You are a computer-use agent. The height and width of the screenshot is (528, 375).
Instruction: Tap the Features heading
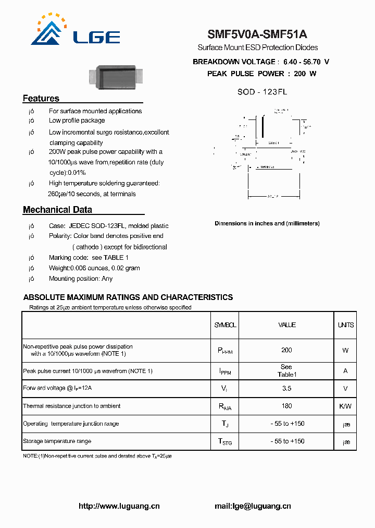41,99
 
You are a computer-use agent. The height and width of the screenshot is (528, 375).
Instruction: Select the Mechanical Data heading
57,210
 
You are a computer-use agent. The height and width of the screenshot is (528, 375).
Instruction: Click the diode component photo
117,76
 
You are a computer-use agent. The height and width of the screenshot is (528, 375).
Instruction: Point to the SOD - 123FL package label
262,92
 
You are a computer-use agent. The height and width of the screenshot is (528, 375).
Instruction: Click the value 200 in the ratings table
286,350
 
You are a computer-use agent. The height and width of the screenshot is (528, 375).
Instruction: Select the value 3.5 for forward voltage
286,388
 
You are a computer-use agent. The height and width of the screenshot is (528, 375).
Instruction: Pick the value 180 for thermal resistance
286,406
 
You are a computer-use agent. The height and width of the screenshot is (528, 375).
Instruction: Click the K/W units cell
345,406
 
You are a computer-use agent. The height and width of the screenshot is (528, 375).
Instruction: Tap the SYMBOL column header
225,325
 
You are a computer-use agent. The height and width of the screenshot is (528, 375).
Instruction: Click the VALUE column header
287,325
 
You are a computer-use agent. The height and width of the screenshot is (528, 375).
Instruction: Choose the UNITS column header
345,325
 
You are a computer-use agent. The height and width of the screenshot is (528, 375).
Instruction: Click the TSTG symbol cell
225,442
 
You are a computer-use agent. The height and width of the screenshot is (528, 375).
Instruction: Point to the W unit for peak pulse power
345,350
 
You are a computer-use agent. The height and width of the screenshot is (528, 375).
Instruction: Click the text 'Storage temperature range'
57,441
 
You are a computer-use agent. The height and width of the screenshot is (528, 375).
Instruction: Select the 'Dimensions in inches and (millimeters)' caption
267,223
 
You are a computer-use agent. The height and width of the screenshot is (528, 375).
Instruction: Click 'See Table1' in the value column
286,370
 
